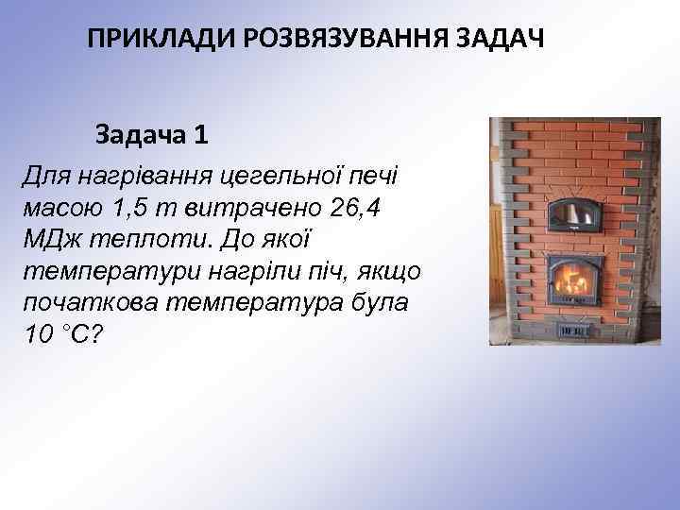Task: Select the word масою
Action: coord(60,206)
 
